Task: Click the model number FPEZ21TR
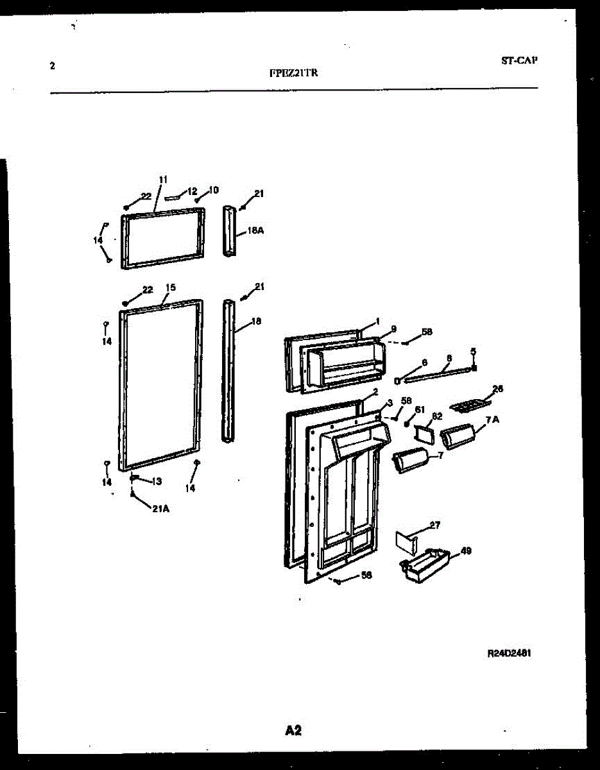click(293, 73)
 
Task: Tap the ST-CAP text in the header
click(519, 61)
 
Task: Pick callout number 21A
click(160, 509)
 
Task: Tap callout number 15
click(171, 287)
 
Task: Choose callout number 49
click(466, 551)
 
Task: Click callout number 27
click(434, 526)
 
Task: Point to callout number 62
click(436, 416)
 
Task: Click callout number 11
click(162, 179)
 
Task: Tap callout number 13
click(156, 481)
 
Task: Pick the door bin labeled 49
click(422, 565)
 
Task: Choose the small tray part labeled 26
click(468, 406)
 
